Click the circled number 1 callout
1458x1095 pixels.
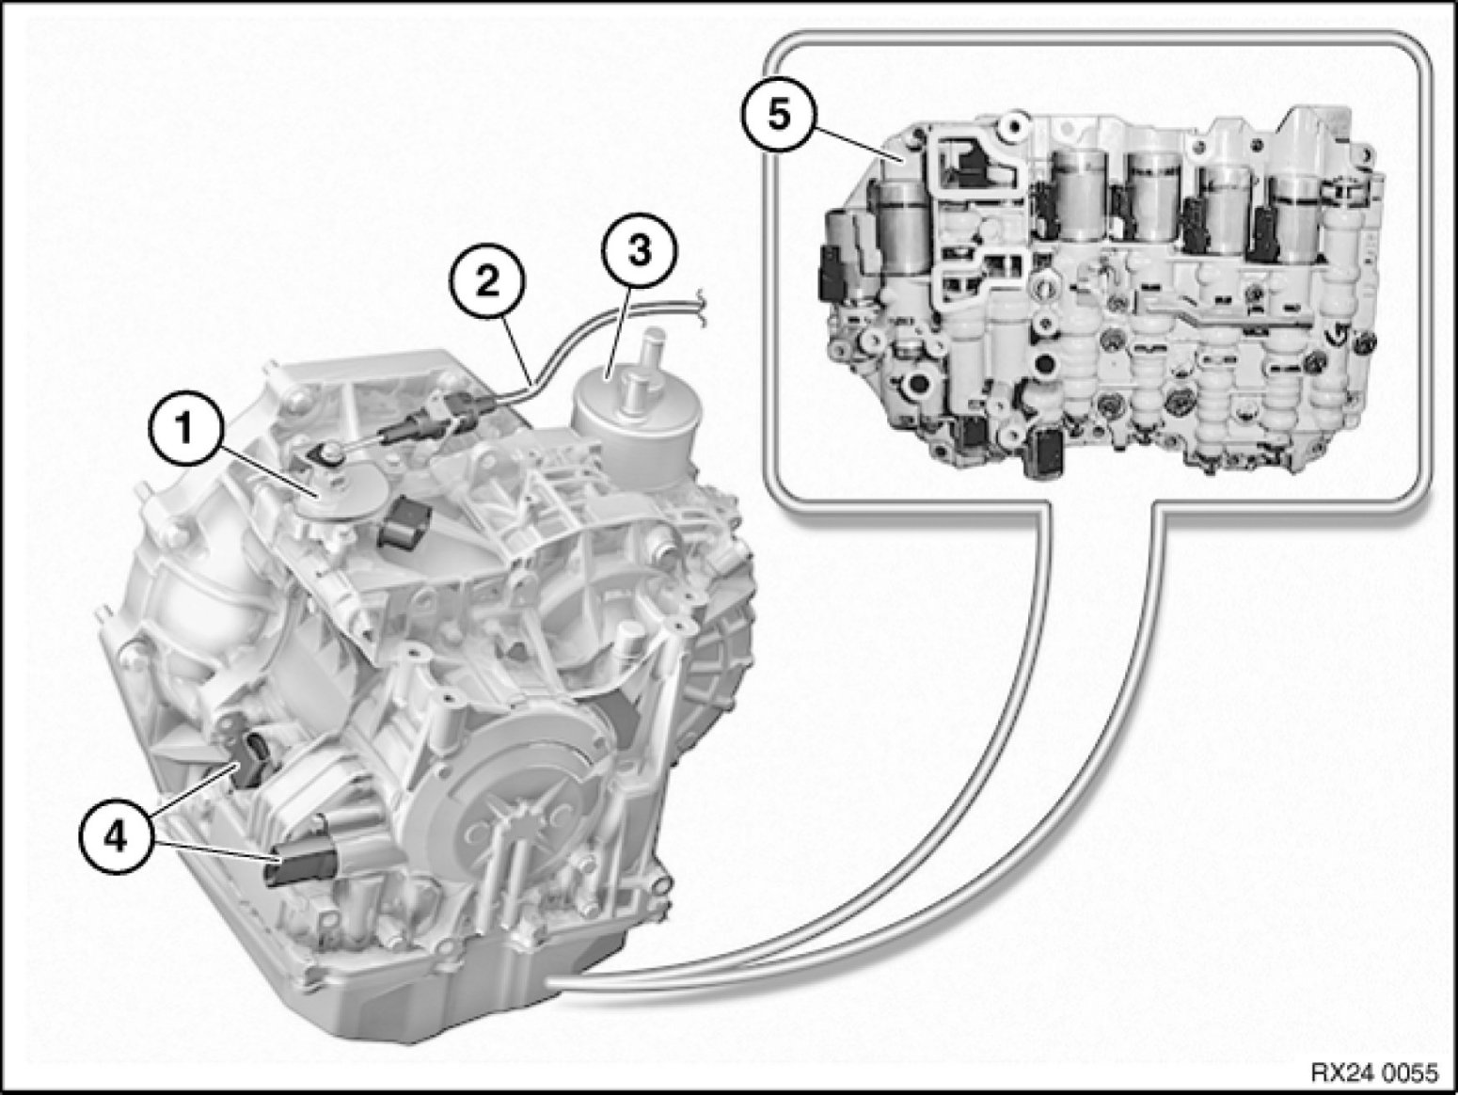[x=183, y=430]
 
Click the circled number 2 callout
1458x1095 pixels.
[x=487, y=284]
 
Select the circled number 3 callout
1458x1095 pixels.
[x=640, y=253]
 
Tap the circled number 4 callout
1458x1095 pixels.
[x=117, y=839]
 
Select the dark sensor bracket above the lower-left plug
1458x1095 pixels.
[x=250, y=757]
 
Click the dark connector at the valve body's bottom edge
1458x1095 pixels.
[x=1043, y=452]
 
